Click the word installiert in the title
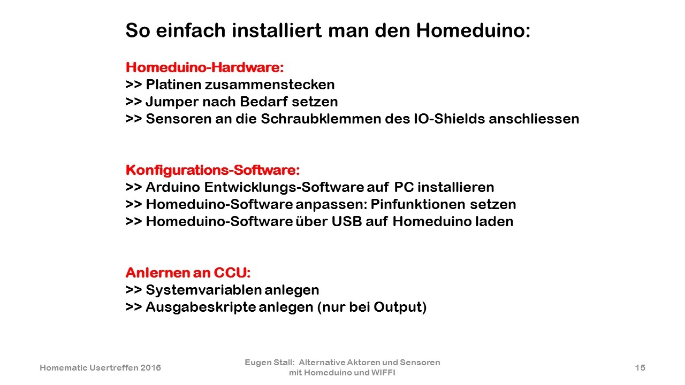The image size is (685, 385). pyautogui.click(x=277, y=30)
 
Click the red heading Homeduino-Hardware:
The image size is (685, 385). pyautogui.click(x=204, y=67)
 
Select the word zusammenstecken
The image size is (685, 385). pyautogui.click(x=270, y=84)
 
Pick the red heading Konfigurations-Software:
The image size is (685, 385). pyautogui.click(x=212, y=170)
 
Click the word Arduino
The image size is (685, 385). pyautogui.click(x=173, y=187)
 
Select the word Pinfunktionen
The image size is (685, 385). pyautogui.click(x=418, y=204)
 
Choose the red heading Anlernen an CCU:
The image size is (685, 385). pyautogui.click(x=188, y=273)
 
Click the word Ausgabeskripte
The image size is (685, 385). pyautogui.click(x=201, y=307)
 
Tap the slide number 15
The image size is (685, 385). pyautogui.click(x=640, y=367)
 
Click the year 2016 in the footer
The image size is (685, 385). pyautogui.click(x=150, y=367)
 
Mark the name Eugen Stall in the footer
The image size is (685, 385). pyautogui.click(x=269, y=363)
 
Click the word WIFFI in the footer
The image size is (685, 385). pyautogui.click(x=383, y=373)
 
